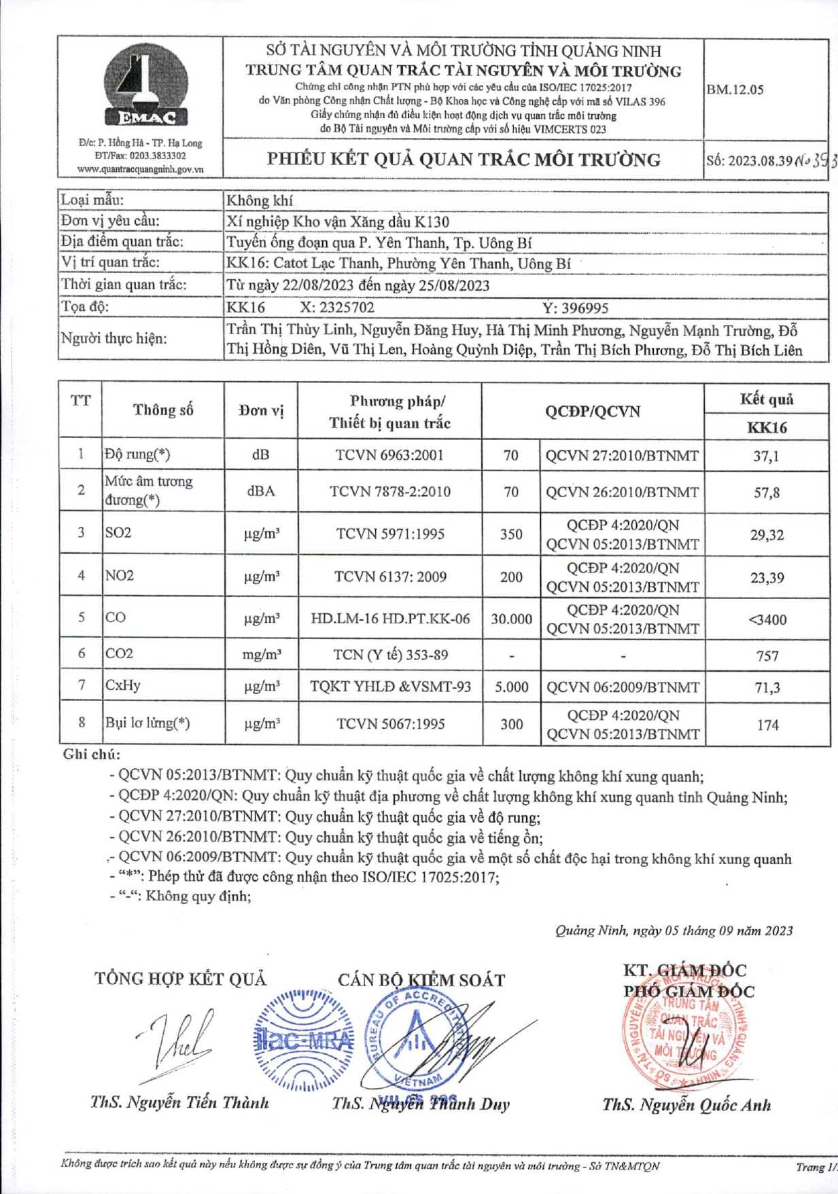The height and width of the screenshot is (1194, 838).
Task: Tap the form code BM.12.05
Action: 735,90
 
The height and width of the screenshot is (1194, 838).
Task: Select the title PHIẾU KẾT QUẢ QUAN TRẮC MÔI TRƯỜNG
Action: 464,160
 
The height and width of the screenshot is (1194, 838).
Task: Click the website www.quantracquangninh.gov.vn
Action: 140,169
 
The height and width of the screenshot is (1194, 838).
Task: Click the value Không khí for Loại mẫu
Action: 260,200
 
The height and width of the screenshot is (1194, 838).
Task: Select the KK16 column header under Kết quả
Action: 767,427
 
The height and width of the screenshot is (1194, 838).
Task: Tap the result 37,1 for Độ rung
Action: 767,456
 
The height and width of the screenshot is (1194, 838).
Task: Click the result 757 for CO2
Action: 767,655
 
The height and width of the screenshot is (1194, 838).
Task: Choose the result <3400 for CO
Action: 767,619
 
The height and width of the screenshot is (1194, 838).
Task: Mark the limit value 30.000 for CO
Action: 511,619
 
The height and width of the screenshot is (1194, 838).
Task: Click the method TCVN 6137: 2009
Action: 390,577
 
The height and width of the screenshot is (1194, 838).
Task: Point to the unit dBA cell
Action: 261,491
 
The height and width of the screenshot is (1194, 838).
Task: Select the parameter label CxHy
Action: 123,685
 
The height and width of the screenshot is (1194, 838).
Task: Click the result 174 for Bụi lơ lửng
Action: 767,725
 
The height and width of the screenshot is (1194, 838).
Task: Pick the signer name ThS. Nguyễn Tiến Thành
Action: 179,1102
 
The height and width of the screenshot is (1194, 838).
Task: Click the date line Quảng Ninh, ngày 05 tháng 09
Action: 674,930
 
